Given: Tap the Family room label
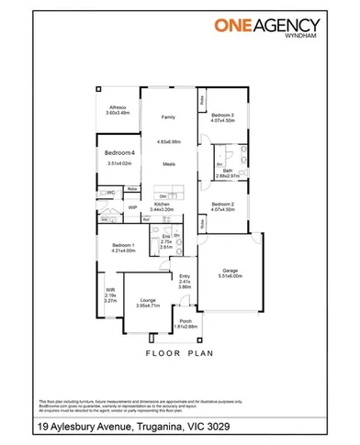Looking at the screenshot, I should pos(168,117).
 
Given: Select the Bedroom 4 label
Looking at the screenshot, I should pos(120,151).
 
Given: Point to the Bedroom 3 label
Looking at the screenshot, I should pos(222,115).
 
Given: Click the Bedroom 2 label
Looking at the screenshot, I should pos(222,203).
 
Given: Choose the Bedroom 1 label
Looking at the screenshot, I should pos(123,245).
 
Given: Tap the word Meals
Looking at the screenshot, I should pos(169,164).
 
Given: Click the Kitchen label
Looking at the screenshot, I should pos(163,205).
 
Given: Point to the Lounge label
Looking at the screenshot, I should pos(148,299).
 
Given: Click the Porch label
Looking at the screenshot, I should pos(186,321).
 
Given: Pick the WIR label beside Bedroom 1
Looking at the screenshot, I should pos(110,290).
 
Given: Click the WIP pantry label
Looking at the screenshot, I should pos(132,207).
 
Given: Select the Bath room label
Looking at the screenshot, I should pos(227,170).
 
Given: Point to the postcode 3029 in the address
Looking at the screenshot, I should pos(243,427).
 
